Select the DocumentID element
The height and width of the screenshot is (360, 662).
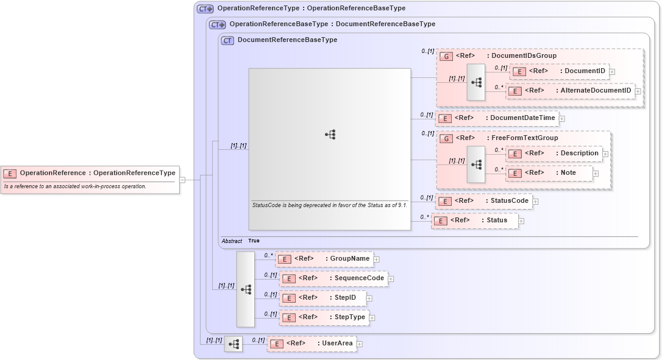tap(559, 71)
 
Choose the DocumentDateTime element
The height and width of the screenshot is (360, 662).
tap(497, 118)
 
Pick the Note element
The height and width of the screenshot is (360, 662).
tap(549, 173)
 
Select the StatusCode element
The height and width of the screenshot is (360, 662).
tap(484, 201)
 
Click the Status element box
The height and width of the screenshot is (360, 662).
tap(475, 221)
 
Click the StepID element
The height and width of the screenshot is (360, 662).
tap(322, 298)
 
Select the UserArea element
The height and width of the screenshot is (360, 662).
tap(311, 344)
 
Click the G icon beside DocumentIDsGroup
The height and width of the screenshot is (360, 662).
tap(446, 56)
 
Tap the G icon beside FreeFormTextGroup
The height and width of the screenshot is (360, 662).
tap(446, 138)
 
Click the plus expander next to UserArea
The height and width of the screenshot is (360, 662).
tap(360, 344)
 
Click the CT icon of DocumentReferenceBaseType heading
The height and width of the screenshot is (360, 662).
tap(227, 40)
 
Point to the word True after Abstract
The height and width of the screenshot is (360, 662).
tap(254, 241)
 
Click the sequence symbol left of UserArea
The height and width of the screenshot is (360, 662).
tap(233, 344)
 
